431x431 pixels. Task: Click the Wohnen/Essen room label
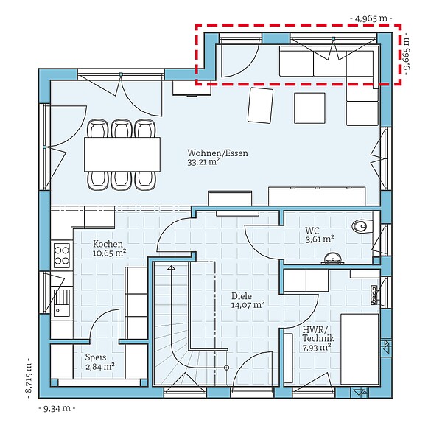click(217, 153)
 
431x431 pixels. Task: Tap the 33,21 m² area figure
click(203, 162)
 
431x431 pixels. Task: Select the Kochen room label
click(108, 244)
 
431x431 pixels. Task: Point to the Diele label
click(242, 296)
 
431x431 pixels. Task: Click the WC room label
click(312, 231)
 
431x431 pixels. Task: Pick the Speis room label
click(96, 357)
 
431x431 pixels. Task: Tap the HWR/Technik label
click(318, 334)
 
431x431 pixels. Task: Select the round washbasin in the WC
click(332, 259)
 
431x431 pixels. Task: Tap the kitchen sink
click(61, 302)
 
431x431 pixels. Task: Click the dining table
click(122, 155)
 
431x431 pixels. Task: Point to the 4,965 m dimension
click(371, 18)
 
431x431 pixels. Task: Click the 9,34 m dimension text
click(57, 408)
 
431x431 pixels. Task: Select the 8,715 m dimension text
click(29, 378)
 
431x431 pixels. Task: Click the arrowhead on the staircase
click(171, 267)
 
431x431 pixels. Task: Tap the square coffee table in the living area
click(309, 108)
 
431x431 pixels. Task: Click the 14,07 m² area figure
click(248, 305)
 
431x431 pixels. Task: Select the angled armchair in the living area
click(260, 105)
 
